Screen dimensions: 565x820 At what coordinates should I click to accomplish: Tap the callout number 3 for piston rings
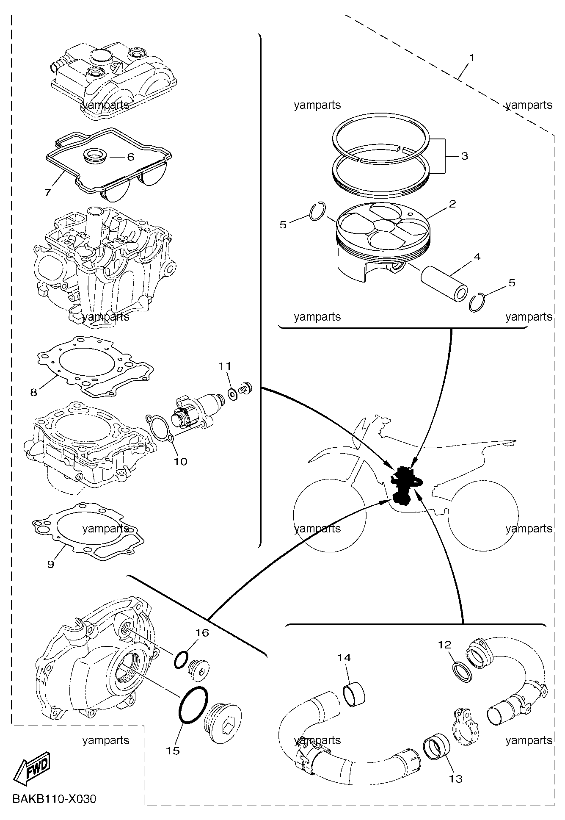point(464,156)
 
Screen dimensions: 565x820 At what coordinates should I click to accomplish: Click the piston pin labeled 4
point(444,285)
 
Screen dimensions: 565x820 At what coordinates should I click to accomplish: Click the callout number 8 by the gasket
point(34,392)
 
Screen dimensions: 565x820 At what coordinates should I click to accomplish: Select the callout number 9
point(51,564)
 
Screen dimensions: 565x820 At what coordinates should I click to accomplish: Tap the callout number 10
point(180,461)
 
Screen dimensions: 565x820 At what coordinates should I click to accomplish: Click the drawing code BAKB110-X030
point(55,799)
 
